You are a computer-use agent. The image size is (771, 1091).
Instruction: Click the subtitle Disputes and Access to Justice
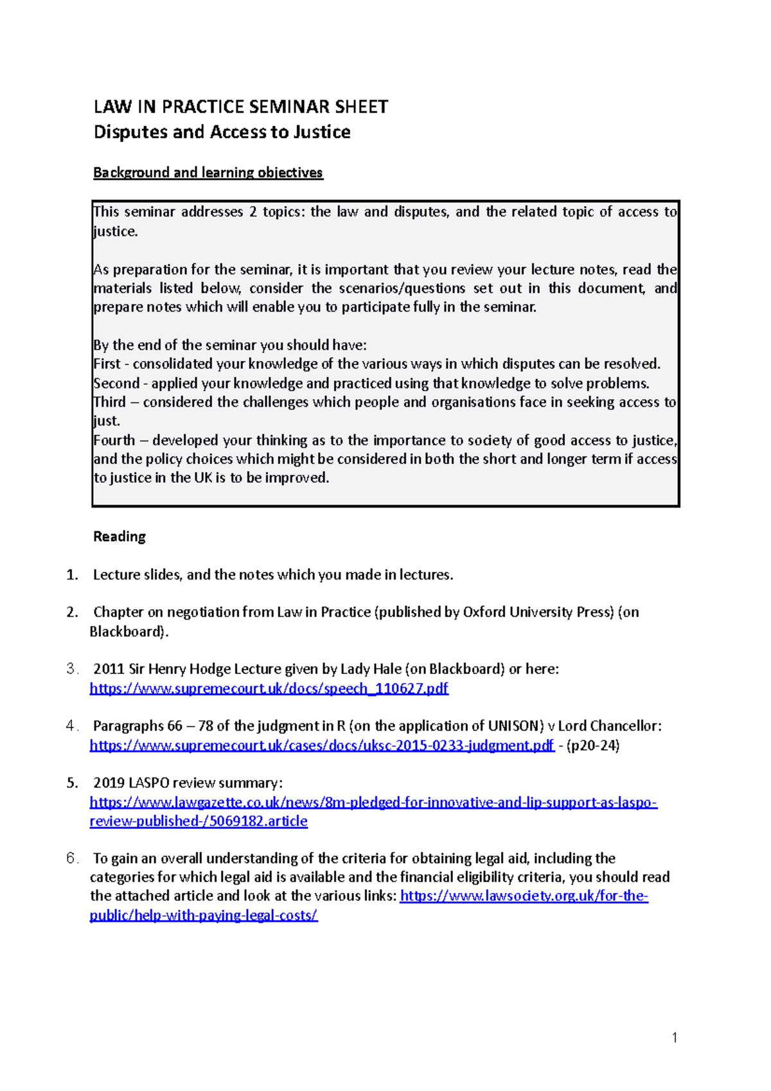(x=222, y=132)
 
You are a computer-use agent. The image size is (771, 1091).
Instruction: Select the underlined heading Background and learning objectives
(x=208, y=173)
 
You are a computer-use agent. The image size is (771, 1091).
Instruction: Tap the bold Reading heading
(x=120, y=537)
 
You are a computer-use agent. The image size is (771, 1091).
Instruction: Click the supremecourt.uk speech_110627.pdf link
(x=269, y=689)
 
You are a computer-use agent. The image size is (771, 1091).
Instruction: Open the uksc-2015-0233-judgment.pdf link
(x=321, y=745)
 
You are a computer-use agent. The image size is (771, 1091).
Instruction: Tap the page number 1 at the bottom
(x=674, y=1037)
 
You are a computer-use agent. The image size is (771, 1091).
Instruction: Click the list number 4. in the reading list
(x=73, y=726)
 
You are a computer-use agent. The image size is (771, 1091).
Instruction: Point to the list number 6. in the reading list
(x=73, y=858)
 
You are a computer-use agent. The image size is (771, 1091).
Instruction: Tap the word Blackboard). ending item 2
(x=129, y=632)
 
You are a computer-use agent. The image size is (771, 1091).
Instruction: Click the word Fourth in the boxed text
(x=114, y=441)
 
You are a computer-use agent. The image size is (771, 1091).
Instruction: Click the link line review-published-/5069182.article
(x=198, y=821)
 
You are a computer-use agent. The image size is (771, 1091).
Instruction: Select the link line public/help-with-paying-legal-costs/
(x=203, y=916)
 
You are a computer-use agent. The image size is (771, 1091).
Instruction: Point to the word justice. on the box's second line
(x=116, y=232)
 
